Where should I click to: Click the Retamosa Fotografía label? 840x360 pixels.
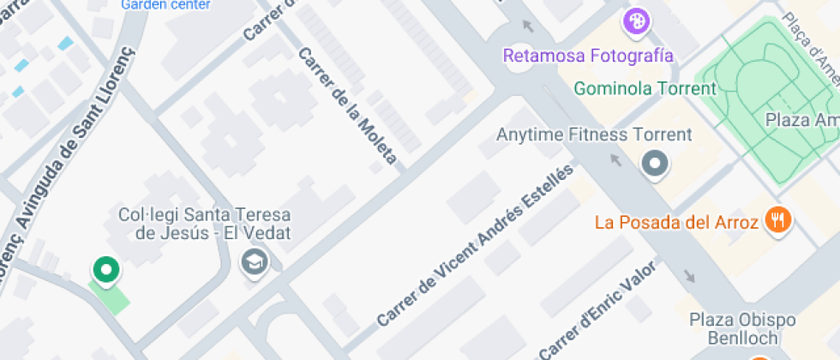point(588,56)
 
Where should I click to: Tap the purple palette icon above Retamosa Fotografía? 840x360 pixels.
point(635,21)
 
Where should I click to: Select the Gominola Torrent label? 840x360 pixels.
point(645,88)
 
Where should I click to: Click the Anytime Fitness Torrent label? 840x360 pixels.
point(594,135)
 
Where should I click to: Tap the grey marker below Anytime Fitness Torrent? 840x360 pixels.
point(656,163)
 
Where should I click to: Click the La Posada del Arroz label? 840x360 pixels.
point(676,223)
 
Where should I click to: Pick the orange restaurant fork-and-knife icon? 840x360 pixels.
point(778,219)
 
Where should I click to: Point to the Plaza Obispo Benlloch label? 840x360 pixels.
point(742,329)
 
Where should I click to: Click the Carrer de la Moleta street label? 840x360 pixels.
point(347,105)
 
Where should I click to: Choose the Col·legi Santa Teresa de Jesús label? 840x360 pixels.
point(204,223)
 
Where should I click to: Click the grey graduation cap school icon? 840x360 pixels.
point(255,261)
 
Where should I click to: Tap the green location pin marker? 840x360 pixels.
point(105,270)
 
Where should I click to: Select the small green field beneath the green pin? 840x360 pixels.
point(112,297)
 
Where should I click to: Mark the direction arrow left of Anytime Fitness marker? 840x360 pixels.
point(615,159)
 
